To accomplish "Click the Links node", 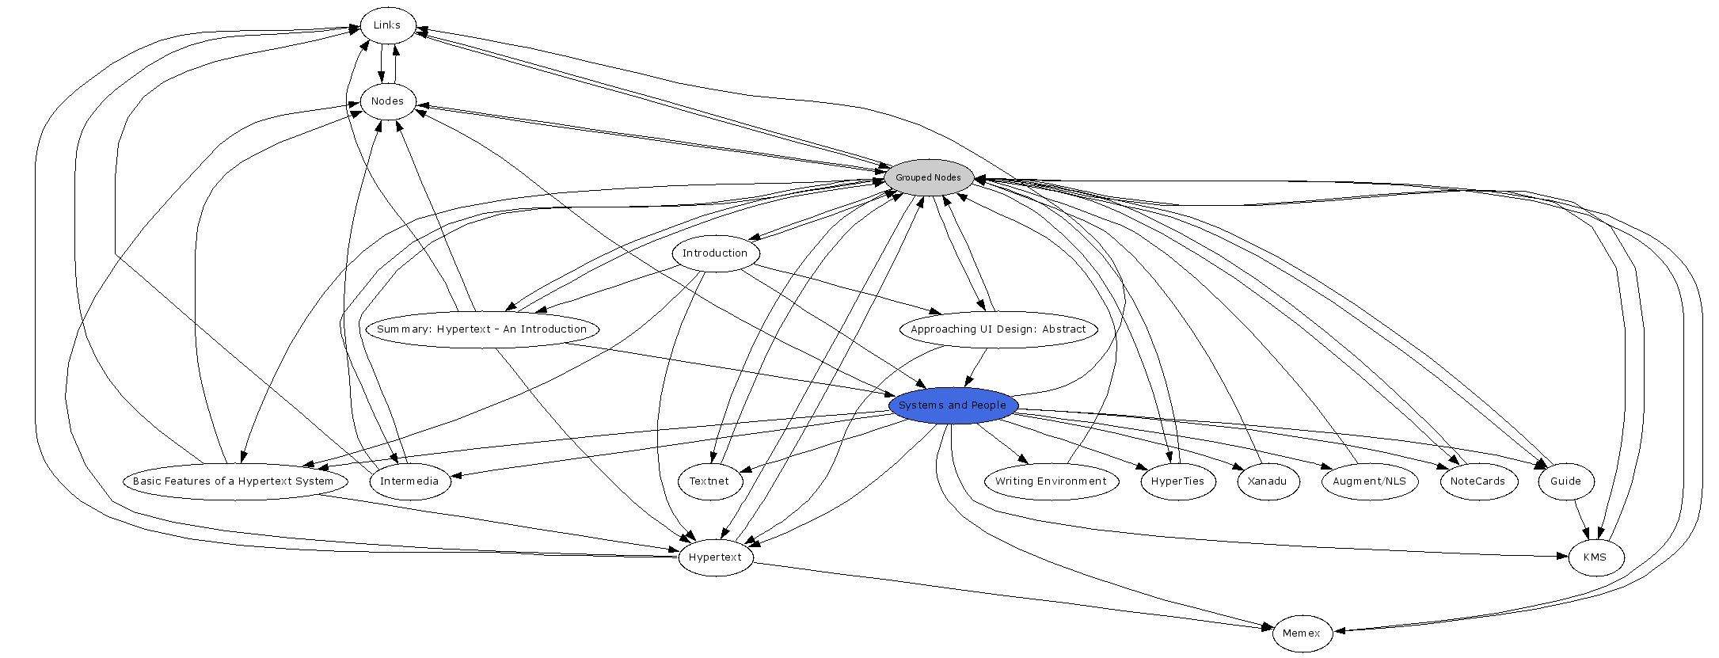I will point(387,25).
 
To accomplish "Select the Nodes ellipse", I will point(388,101).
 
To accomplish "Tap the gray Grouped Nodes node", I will point(928,177).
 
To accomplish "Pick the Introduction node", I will point(715,253).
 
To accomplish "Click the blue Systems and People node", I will point(953,405).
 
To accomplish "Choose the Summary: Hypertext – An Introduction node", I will point(481,329).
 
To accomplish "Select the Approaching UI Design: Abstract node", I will point(998,329).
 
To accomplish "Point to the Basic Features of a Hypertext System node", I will point(234,481).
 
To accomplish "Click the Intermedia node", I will point(409,481).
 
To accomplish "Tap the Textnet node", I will point(709,481).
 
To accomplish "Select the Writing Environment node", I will point(1051,481).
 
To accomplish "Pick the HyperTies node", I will point(1177,481).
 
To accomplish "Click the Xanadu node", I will point(1267,481).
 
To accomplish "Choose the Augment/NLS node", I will point(1369,481).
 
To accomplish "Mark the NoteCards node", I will point(1478,481).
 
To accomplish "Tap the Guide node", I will point(1565,481).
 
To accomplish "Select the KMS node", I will point(1595,557).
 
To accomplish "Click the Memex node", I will point(1302,633).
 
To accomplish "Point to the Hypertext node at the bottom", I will point(715,557).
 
